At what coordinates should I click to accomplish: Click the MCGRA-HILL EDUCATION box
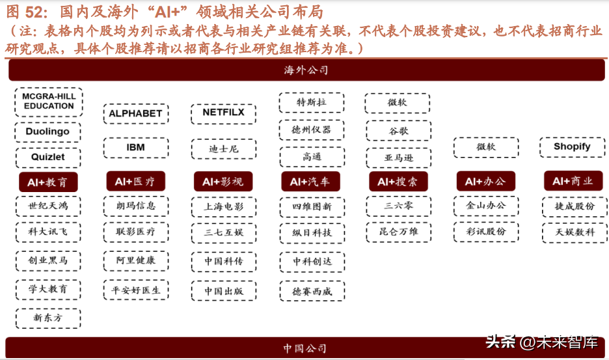pos(49,102)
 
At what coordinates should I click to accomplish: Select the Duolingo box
pos(47,132)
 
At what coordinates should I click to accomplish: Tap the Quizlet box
pos(48,158)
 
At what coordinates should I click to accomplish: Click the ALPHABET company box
pos(135,113)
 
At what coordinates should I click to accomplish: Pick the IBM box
pos(135,148)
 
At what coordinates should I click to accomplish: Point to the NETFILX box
pos(223,113)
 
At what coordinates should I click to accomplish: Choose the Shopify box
pos(572,147)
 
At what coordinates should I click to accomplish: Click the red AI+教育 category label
pos(48,182)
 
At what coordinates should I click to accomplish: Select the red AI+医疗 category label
pos(135,181)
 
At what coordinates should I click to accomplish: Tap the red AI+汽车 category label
pos(311,181)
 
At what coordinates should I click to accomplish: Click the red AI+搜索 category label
pos(398,181)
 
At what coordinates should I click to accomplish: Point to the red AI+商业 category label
pos(573,181)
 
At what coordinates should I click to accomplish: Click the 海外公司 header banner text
pos(306,70)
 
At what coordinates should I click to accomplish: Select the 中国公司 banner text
pos(305,348)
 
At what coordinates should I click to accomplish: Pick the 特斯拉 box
pos(312,103)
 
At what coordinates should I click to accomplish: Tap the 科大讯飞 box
pos(48,232)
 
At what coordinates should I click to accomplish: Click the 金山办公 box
pos(486,206)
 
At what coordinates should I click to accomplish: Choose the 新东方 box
pos(48,318)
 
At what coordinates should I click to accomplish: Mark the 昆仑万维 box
pos(398,232)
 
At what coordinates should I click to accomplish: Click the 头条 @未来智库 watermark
pos(542,342)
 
